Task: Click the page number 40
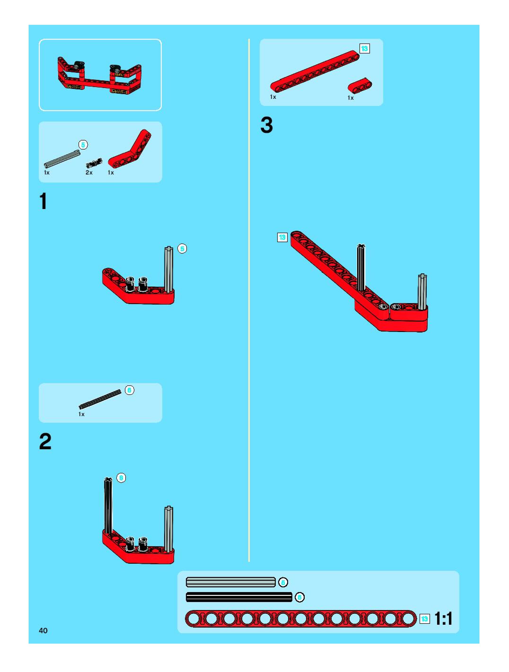[x=43, y=630]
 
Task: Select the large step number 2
[x=45, y=441]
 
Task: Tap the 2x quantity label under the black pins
[x=89, y=173]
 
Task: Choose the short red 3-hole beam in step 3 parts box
[x=360, y=86]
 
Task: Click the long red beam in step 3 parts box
[x=315, y=71]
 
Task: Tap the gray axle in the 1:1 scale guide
[x=231, y=582]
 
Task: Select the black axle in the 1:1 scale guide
[x=239, y=597]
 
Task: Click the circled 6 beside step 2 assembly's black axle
[x=121, y=478]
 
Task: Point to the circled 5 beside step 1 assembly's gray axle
[x=182, y=249]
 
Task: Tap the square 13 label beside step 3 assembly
[x=282, y=237]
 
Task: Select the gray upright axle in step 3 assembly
[x=422, y=292]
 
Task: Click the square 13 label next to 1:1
[x=425, y=619]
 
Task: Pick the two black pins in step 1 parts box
[x=94, y=163]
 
